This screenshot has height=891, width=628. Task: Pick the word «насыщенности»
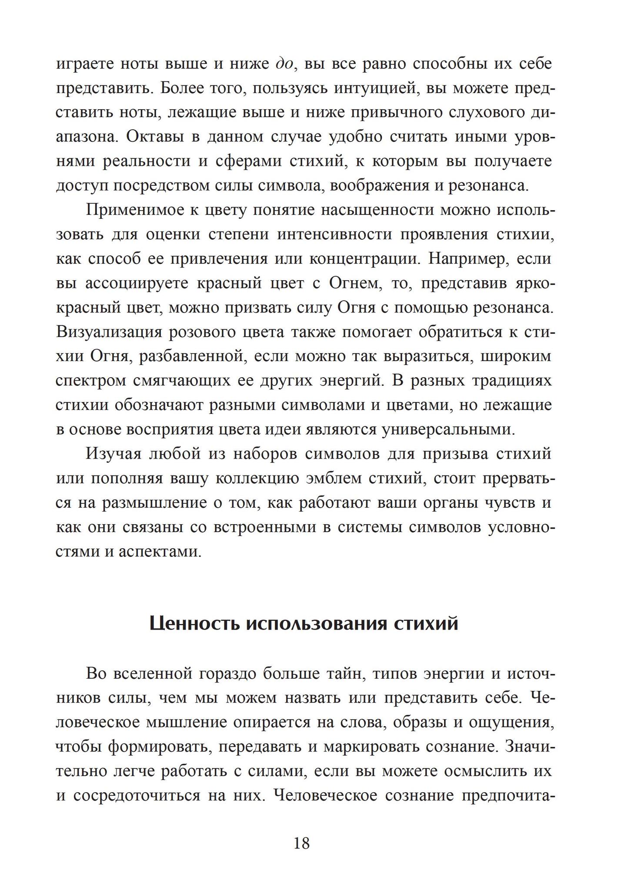377,210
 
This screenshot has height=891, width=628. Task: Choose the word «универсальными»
448,430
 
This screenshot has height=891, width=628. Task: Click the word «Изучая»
114,454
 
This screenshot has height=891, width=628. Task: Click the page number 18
301,844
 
